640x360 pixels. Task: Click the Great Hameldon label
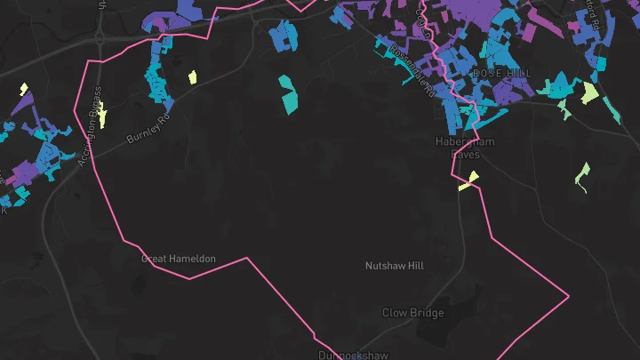(179, 259)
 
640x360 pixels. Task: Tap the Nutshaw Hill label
(395, 266)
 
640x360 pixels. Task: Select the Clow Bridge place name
(412, 313)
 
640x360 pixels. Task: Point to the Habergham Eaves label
(465, 148)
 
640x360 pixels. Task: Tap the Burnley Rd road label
(148, 127)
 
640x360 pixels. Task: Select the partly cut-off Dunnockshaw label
(354, 355)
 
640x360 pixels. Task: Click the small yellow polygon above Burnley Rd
(192, 77)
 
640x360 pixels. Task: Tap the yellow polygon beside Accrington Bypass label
(102, 115)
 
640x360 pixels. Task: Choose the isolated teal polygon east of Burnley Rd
(289, 93)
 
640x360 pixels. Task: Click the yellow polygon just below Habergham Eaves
(468, 180)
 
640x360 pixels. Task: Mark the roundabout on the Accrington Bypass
(98, 38)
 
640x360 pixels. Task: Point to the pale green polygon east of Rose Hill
(589, 92)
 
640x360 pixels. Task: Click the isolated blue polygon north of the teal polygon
(284, 36)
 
